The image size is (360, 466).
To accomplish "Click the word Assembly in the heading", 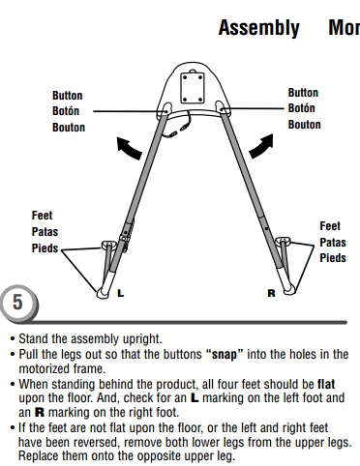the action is [x=259, y=28].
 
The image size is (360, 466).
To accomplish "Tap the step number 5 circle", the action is [x=19, y=303].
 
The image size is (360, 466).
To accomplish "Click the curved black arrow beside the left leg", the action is [x=129, y=148].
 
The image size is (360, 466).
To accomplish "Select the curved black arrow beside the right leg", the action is [x=261, y=147].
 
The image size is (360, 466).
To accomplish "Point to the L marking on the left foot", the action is [x=120, y=293].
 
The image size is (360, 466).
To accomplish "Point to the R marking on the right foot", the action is [x=272, y=293].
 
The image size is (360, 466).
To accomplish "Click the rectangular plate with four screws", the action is [x=193, y=88].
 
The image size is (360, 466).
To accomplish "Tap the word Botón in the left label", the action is [x=66, y=111].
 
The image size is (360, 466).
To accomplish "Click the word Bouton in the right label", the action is [x=304, y=125].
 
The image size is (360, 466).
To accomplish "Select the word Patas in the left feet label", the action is [x=45, y=232].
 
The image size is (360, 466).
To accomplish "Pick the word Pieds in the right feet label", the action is [x=333, y=258].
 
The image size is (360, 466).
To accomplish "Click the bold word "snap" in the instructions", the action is [x=224, y=354].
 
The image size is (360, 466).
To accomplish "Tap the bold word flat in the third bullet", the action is [x=326, y=384].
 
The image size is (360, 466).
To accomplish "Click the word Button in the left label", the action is [x=68, y=96].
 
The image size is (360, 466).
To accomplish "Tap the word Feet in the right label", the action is [x=330, y=226].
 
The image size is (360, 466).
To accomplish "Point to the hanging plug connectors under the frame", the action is [x=179, y=129].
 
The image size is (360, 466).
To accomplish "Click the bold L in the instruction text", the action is [x=195, y=398].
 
